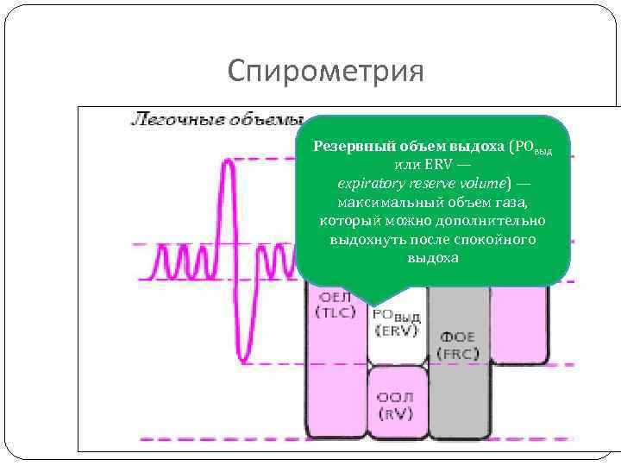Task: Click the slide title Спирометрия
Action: click(326, 71)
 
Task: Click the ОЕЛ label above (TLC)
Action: click(334, 298)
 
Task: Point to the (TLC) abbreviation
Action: click(336, 312)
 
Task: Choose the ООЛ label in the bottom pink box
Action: click(396, 398)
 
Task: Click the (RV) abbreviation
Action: click(396, 413)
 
